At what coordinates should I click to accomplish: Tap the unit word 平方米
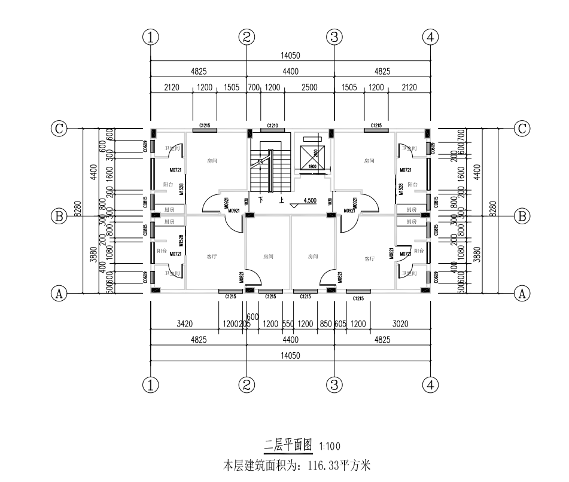357,465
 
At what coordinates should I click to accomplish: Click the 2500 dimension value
309,88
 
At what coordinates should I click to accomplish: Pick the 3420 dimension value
184,325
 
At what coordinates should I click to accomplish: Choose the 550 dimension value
288,325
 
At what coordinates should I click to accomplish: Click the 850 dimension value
325,325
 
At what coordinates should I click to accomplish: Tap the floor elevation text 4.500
310,201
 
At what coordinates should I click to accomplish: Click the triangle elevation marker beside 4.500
293,205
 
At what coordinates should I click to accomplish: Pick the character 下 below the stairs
261,200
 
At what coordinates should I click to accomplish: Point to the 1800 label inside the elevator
312,167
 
